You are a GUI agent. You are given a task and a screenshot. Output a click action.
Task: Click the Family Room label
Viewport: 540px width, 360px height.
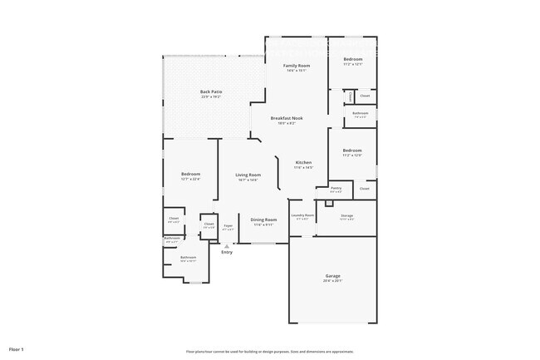tap(297, 65)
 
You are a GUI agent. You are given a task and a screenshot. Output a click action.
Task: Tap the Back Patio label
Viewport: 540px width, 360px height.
tap(211, 91)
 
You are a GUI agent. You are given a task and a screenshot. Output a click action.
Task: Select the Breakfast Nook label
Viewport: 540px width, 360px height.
tap(287, 118)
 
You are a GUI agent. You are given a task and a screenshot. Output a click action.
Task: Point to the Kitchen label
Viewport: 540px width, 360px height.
tap(304, 162)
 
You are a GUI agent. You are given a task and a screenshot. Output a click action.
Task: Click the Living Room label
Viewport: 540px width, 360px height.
tap(248, 175)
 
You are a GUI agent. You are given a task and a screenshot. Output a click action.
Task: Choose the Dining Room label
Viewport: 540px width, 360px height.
tap(263, 219)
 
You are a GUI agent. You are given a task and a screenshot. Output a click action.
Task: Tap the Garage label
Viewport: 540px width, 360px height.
tap(332, 275)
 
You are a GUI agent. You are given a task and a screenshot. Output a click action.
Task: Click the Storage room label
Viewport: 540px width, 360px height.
tap(346, 215)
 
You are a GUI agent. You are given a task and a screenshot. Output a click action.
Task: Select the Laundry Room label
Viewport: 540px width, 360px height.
tap(302, 215)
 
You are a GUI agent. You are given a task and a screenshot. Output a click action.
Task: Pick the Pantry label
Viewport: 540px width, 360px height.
tap(336, 188)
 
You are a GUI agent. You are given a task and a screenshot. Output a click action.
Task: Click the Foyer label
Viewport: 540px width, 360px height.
tap(227, 225)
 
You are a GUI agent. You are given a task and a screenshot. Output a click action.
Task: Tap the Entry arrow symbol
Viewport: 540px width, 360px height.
tap(227, 246)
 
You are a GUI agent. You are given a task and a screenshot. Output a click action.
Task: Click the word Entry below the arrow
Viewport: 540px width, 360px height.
tap(227, 252)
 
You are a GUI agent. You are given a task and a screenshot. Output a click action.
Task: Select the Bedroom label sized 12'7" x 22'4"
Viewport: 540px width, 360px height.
tap(191, 174)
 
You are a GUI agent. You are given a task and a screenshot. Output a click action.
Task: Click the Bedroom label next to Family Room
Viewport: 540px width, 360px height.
tap(353, 59)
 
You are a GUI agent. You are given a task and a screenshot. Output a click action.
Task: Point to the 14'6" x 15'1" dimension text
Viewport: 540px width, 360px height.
tap(297, 71)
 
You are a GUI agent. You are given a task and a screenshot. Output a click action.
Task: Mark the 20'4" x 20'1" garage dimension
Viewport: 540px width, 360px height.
tap(332, 281)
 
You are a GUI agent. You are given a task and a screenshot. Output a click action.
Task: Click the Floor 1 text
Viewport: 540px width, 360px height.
tap(17, 348)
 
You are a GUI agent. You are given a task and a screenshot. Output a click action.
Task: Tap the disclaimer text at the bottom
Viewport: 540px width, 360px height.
tap(270, 352)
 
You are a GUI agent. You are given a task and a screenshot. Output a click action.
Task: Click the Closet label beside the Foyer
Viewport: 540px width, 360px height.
tap(209, 223)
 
